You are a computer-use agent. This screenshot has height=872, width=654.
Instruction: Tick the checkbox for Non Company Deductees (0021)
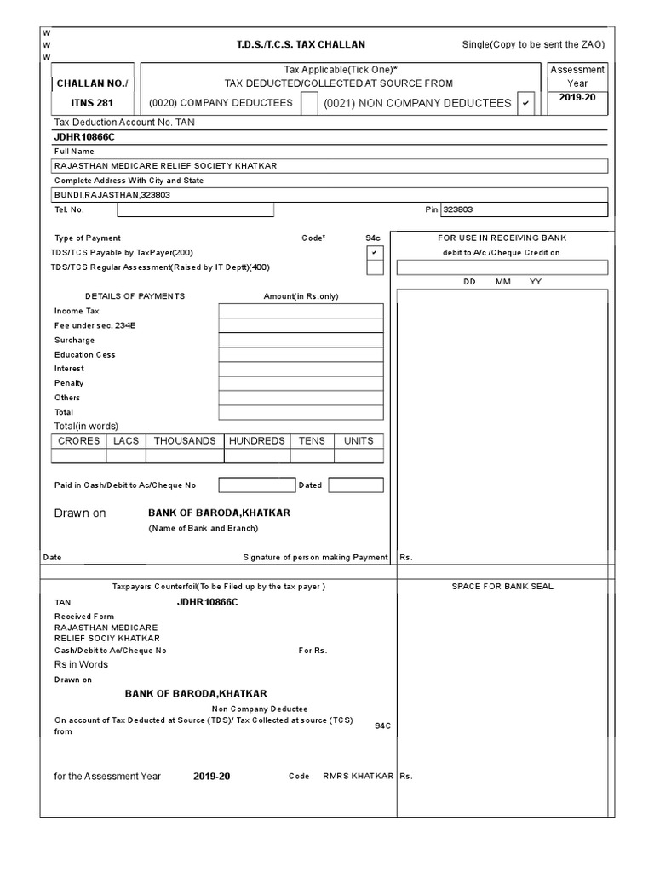pos(525,103)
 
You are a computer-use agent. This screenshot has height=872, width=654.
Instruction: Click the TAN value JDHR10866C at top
pos(84,136)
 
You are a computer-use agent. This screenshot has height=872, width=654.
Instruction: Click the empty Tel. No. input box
pos(195,209)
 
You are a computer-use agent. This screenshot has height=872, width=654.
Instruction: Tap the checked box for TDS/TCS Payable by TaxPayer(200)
pos(374,254)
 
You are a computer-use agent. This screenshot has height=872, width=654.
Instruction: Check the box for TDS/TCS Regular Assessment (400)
pos(374,268)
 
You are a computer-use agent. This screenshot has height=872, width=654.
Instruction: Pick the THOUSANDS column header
pos(185,441)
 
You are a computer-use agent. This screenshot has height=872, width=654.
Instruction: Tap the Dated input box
pos(355,485)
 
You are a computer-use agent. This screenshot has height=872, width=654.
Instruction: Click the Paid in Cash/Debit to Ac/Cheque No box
pos(256,485)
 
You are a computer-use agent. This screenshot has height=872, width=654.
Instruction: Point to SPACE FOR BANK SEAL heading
pos(504,587)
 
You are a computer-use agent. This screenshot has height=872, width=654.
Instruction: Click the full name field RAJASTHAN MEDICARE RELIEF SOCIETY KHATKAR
pos(330,166)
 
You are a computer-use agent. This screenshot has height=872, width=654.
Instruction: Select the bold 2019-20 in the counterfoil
pos(211,777)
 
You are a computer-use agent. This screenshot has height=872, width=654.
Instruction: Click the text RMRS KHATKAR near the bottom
pos(358,777)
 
